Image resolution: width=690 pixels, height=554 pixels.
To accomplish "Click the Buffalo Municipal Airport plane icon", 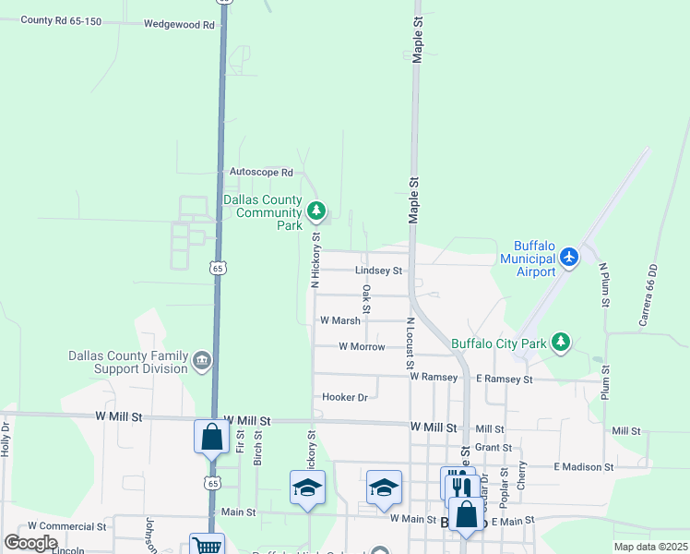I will pyautogui.click(x=569, y=255).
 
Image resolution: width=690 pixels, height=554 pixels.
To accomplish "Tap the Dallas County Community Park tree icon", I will pyautogui.click(x=316, y=211).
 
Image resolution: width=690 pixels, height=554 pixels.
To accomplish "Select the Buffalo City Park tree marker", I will pyautogui.click(x=560, y=343).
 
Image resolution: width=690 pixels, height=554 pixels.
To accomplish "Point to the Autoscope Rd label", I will pyautogui.click(x=261, y=172).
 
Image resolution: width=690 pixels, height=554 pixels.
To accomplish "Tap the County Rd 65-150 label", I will pyautogui.click(x=60, y=19).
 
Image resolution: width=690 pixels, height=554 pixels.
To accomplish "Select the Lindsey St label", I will pyautogui.click(x=379, y=271).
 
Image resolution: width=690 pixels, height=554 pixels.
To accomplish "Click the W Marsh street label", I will pyautogui.click(x=339, y=320).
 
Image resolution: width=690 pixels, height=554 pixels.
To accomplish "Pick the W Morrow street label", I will pyautogui.click(x=362, y=346).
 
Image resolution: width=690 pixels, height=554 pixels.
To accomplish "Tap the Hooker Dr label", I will pyautogui.click(x=345, y=397).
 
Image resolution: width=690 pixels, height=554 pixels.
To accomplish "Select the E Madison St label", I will pyautogui.click(x=584, y=467).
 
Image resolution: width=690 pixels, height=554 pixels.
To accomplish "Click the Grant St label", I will pyautogui.click(x=494, y=447).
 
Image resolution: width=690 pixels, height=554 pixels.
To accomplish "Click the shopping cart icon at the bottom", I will pyautogui.click(x=207, y=546).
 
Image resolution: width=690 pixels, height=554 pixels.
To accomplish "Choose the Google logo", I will pyautogui.click(x=31, y=543).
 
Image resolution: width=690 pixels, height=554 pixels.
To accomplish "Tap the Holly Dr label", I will pyautogui.click(x=6, y=440).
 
